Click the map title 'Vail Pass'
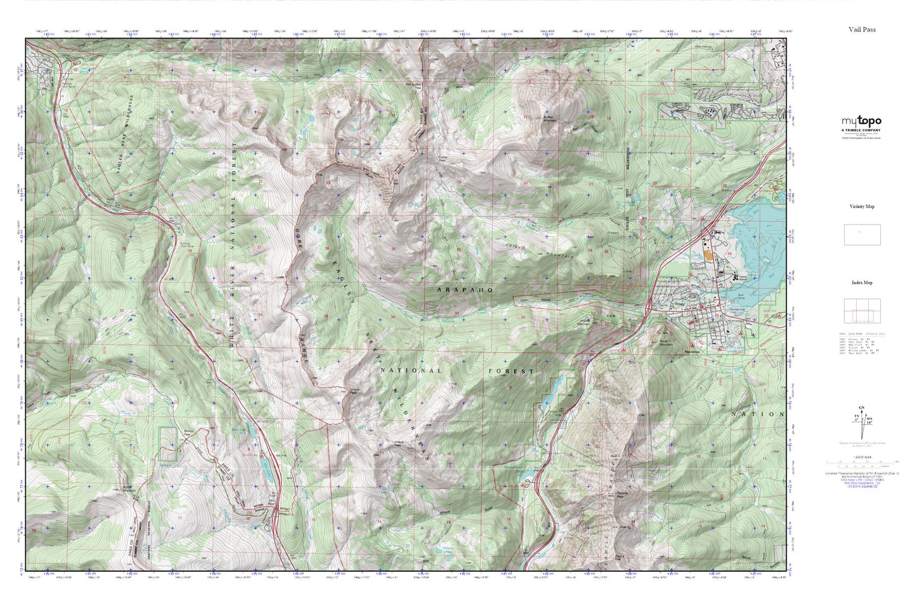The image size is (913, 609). click(x=862, y=30)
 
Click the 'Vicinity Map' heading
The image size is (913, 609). click(x=862, y=207)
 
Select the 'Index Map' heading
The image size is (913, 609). click(x=862, y=283)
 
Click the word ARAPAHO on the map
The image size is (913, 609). click(x=464, y=289)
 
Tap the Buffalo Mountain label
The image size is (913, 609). click(x=552, y=119)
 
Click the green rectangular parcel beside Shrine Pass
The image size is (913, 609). click(x=167, y=443)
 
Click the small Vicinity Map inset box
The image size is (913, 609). click(x=862, y=235)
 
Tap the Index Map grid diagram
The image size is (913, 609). click(x=862, y=311)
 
